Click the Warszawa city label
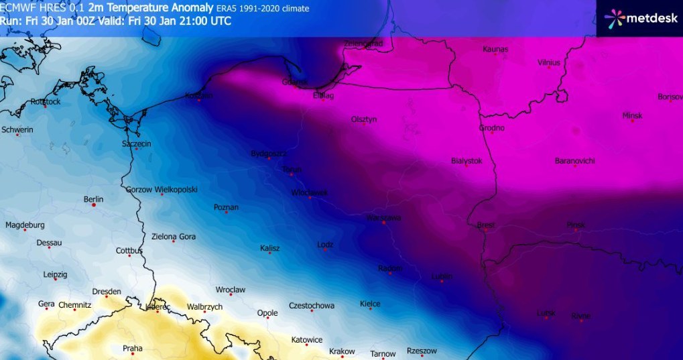(x=383, y=218)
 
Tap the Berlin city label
(x=93, y=199)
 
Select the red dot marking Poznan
(x=227, y=213)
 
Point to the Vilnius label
(x=548, y=62)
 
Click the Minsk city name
(x=632, y=115)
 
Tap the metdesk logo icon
(x=615, y=18)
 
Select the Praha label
(x=132, y=348)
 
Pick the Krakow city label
(x=342, y=351)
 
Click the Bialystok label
(x=467, y=161)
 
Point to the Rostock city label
(x=46, y=102)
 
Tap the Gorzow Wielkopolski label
(x=162, y=190)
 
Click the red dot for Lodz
(x=325, y=251)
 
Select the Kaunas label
(x=495, y=49)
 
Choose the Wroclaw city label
(x=230, y=290)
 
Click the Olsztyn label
(x=364, y=119)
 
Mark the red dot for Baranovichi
(x=575, y=166)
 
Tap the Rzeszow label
(x=422, y=351)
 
